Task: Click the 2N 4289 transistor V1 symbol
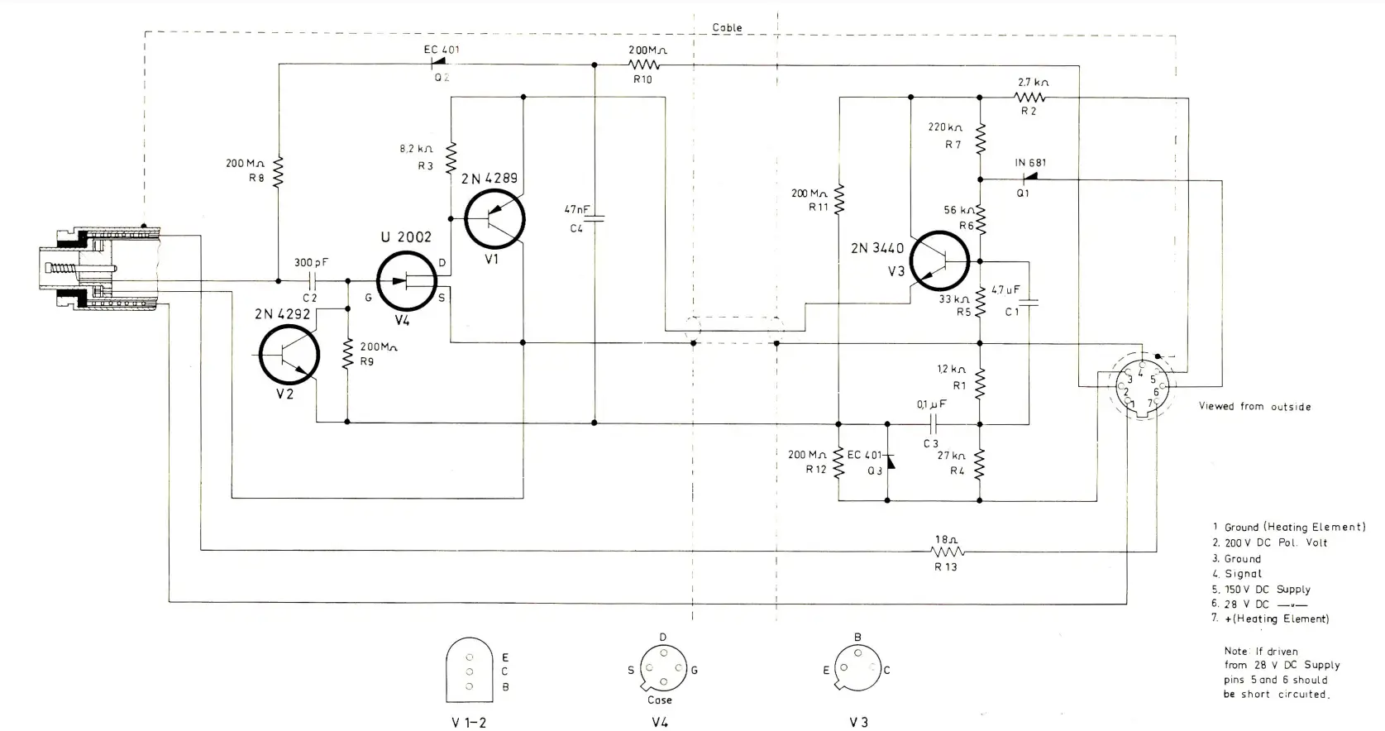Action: pos(494,218)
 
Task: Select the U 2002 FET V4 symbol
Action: pos(406,281)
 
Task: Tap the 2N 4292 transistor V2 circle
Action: pos(289,355)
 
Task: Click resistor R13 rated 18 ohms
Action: pos(947,550)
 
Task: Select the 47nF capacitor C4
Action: pos(595,218)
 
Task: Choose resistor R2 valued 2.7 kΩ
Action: pos(1029,97)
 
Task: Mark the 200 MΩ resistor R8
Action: pos(279,172)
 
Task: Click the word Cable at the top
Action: pos(727,27)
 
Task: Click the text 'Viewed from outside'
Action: pos(1254,406)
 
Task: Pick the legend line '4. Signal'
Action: pos(1238,574)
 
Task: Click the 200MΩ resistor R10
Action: pos(642,64)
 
